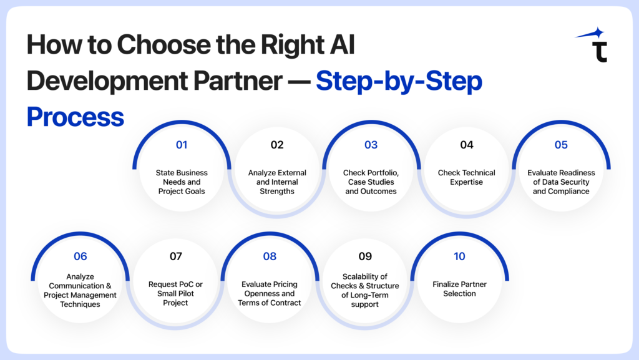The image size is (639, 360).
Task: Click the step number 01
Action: coord(182,145)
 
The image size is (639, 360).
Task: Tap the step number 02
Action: coord(277,145)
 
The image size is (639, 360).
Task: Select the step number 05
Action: coord(561,145)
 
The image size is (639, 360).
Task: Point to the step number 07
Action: coord(175,256)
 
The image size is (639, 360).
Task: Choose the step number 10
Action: coord(459,256)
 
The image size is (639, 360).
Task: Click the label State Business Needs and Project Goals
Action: coord(182,182)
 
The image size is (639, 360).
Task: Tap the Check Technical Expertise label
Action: coord(466,177)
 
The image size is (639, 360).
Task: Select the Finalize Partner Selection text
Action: coord(459,289)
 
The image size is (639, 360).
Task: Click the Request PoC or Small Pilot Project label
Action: coord(175,293)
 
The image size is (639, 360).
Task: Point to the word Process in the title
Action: coord(75,117)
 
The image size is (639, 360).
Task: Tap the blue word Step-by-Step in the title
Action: coord(399,82)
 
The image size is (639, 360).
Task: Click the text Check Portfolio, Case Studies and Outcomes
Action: coord(371,182)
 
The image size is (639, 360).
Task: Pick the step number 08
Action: coord(270,256)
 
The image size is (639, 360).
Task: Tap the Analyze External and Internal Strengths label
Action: coord(277,182)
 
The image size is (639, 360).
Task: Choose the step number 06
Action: coord(80,256)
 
